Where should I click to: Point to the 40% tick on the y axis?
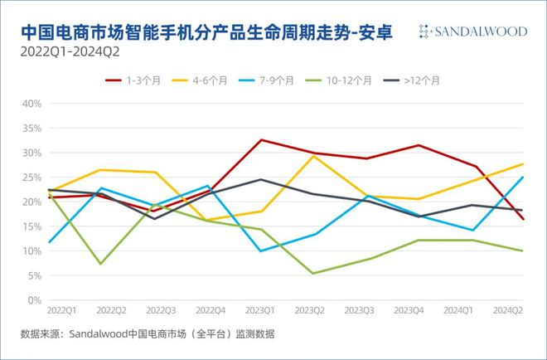31,104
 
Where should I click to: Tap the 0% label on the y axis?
34,299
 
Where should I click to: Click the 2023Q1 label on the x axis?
260,309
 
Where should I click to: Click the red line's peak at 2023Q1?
261,140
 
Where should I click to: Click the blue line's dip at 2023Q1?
261,251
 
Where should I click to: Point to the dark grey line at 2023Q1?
261,179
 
